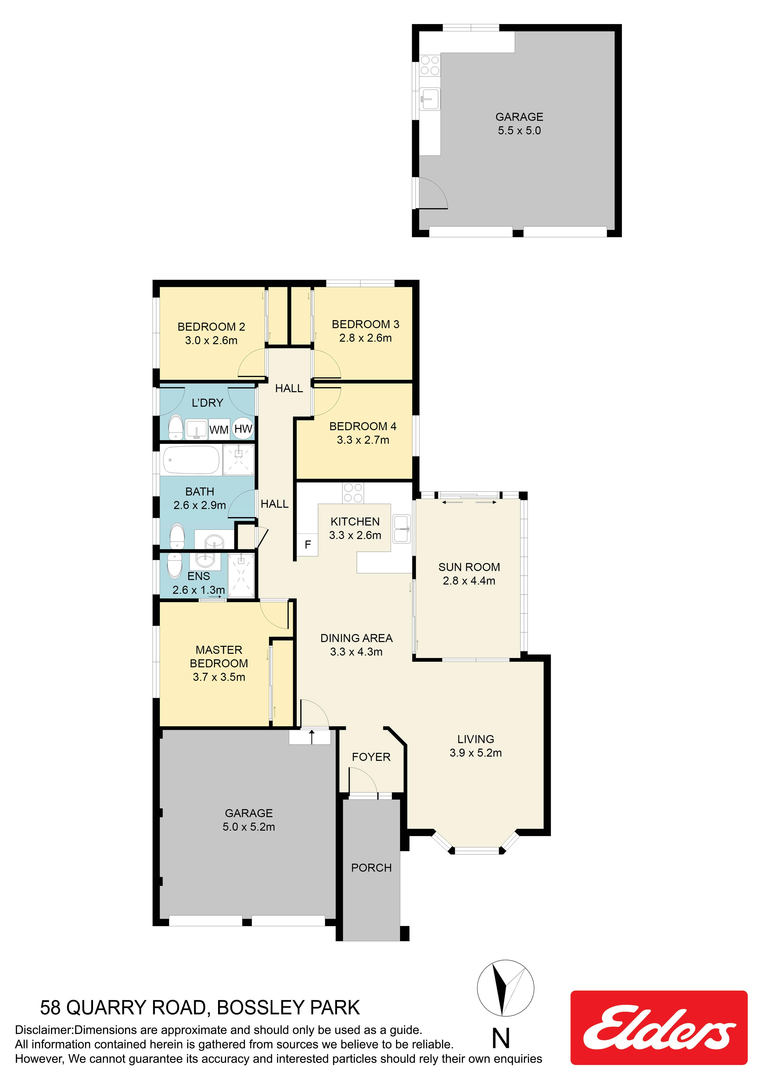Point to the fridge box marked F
click(307, 544)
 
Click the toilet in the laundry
click(176, 427)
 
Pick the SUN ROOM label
click(469, 567)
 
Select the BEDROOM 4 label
click(363, 426)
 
